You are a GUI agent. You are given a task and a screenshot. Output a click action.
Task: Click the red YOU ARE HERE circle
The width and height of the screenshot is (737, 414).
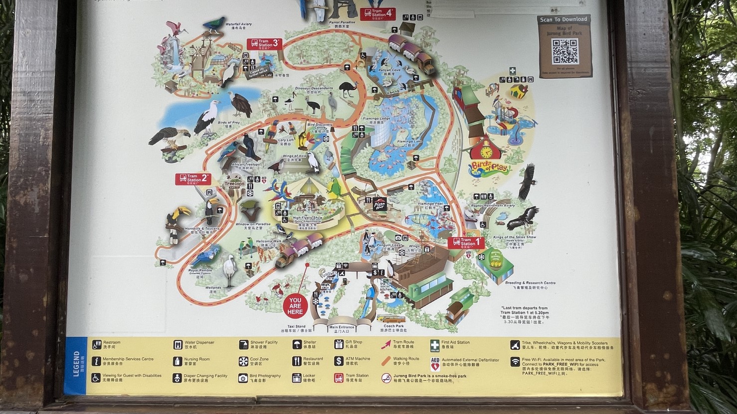pos(295,305)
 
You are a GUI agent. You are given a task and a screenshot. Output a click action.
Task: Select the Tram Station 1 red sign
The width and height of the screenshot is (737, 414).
pos(466,243)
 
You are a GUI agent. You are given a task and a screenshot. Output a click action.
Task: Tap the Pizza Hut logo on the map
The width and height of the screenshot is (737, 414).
pos(379,204)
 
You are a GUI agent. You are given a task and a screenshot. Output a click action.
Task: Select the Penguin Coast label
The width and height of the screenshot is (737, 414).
pos(389,245)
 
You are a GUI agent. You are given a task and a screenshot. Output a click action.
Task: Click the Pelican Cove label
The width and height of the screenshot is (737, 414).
pos(389,70)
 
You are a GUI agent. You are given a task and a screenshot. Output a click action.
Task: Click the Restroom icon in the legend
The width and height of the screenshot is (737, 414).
pos(97,344)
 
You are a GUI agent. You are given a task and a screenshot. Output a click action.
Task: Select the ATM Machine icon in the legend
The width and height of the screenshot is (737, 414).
pos(339,361)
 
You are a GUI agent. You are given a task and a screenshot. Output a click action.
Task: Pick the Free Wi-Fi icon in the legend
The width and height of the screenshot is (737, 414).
pos(515,361)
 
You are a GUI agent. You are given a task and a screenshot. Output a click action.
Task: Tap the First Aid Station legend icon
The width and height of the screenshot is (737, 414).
pos(435,344)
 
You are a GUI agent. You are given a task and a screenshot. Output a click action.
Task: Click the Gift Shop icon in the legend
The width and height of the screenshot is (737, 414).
pos(339,344)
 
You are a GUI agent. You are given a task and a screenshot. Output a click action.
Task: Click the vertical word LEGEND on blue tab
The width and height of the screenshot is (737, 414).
pos(76,364)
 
